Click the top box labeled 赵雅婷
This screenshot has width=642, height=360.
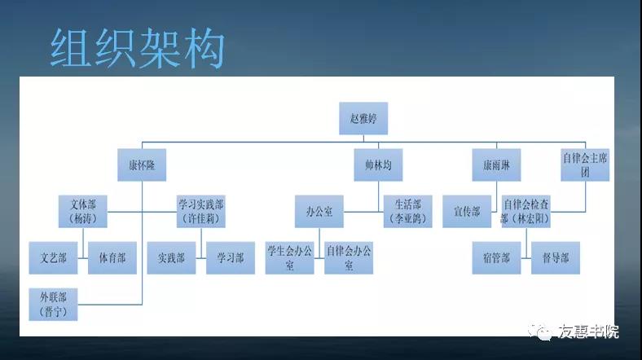point(363,118)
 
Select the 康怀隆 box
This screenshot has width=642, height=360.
point(142,165)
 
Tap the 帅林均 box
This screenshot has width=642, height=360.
point(378,165)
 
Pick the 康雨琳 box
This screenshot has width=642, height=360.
point(496,165)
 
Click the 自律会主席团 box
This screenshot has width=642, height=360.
point(585,165)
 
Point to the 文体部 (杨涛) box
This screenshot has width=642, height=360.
point(83,212)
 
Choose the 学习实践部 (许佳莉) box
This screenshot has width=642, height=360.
point(201,212)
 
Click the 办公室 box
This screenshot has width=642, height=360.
point(319,212)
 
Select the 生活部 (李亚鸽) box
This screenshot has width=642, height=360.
point(408,212)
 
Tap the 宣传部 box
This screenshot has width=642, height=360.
point(467,212)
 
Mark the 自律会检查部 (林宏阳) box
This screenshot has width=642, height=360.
point(526,212)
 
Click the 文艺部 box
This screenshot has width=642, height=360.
point(53,257)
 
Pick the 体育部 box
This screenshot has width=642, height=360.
point(112,257)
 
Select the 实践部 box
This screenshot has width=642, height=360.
point(172,257)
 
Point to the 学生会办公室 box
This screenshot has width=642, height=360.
point(289,257)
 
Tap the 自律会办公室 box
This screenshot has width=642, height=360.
point(349,257)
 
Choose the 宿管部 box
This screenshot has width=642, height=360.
point(496,257)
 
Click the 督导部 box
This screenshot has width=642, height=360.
point(556,257)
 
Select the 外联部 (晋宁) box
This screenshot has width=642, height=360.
point(53,305)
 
